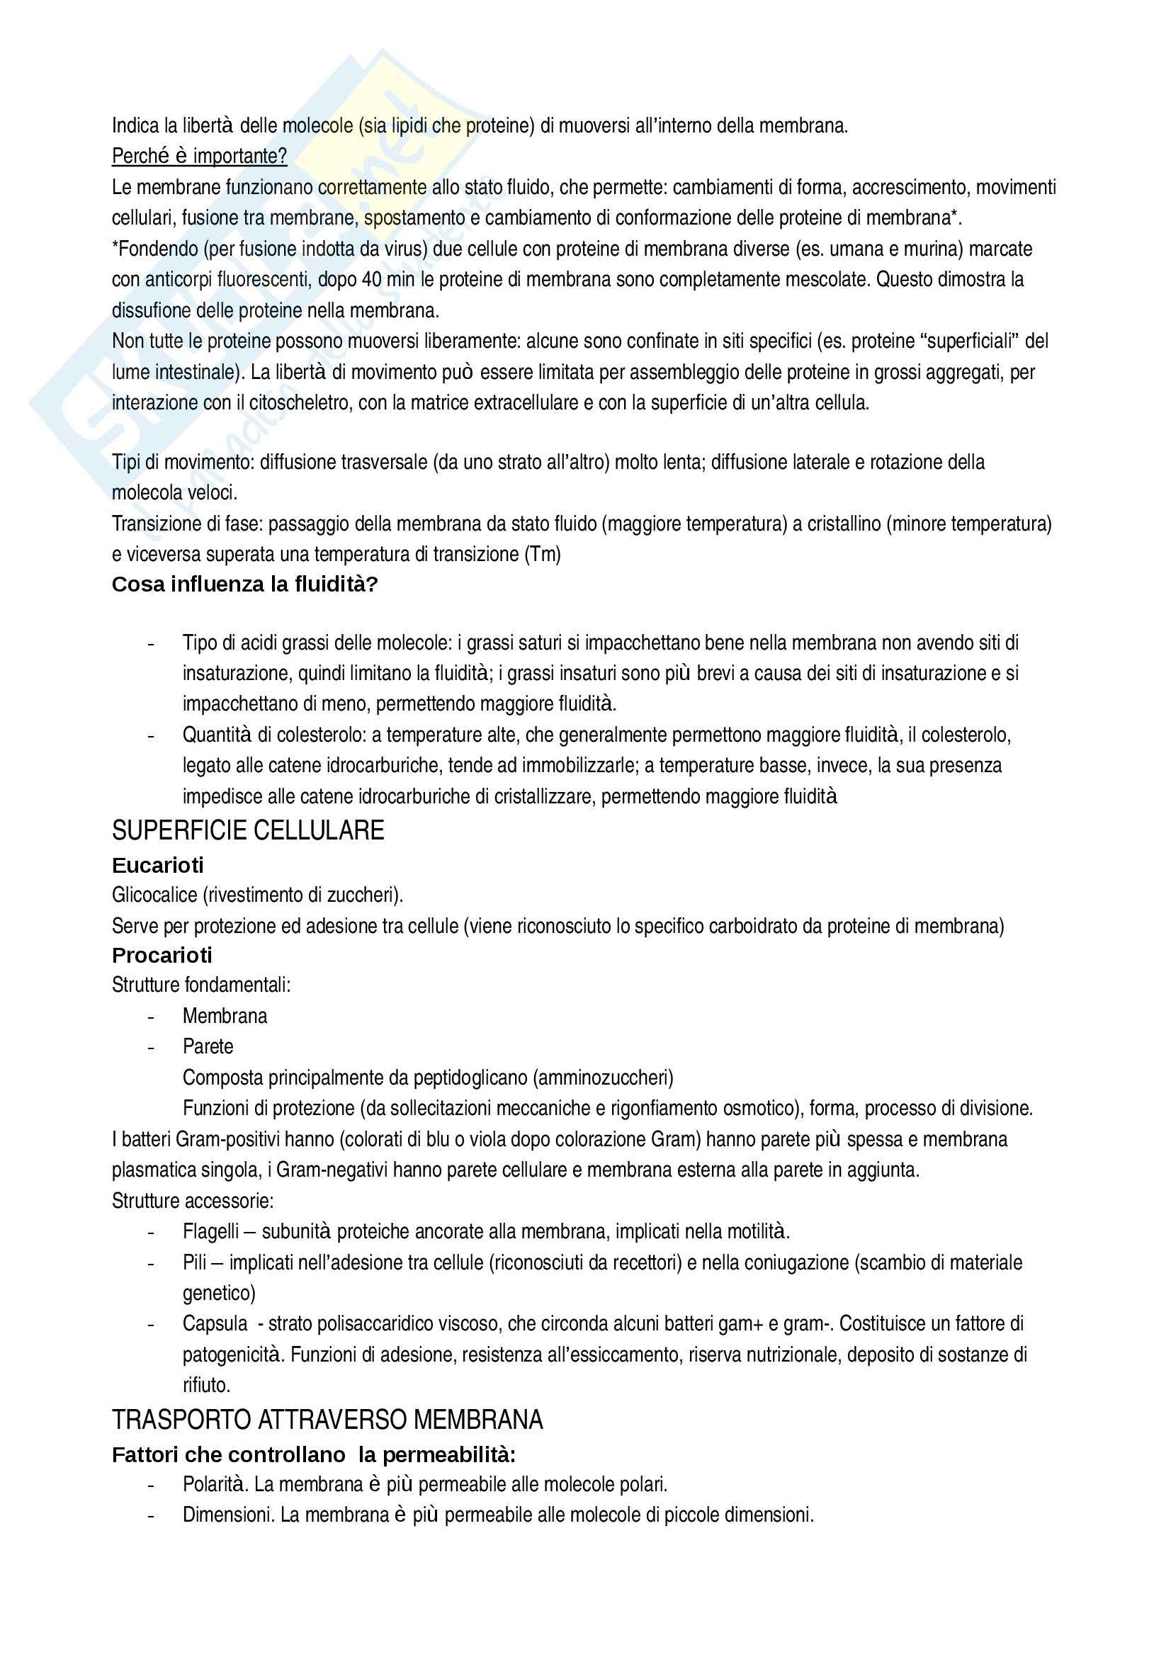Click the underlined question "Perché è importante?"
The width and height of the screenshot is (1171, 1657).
[199, 156]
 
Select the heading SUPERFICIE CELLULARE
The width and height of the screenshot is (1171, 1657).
[247, 831]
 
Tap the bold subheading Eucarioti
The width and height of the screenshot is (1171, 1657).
[157, 864]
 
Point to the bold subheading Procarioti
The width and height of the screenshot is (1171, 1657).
[162, 956]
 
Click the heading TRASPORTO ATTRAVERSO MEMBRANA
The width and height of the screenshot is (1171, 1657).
[327, 1420]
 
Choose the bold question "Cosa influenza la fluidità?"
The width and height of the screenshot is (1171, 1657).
[244, 584]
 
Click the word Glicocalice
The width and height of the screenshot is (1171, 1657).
[154, 895]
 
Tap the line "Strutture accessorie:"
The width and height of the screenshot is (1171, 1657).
[193, 1201]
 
